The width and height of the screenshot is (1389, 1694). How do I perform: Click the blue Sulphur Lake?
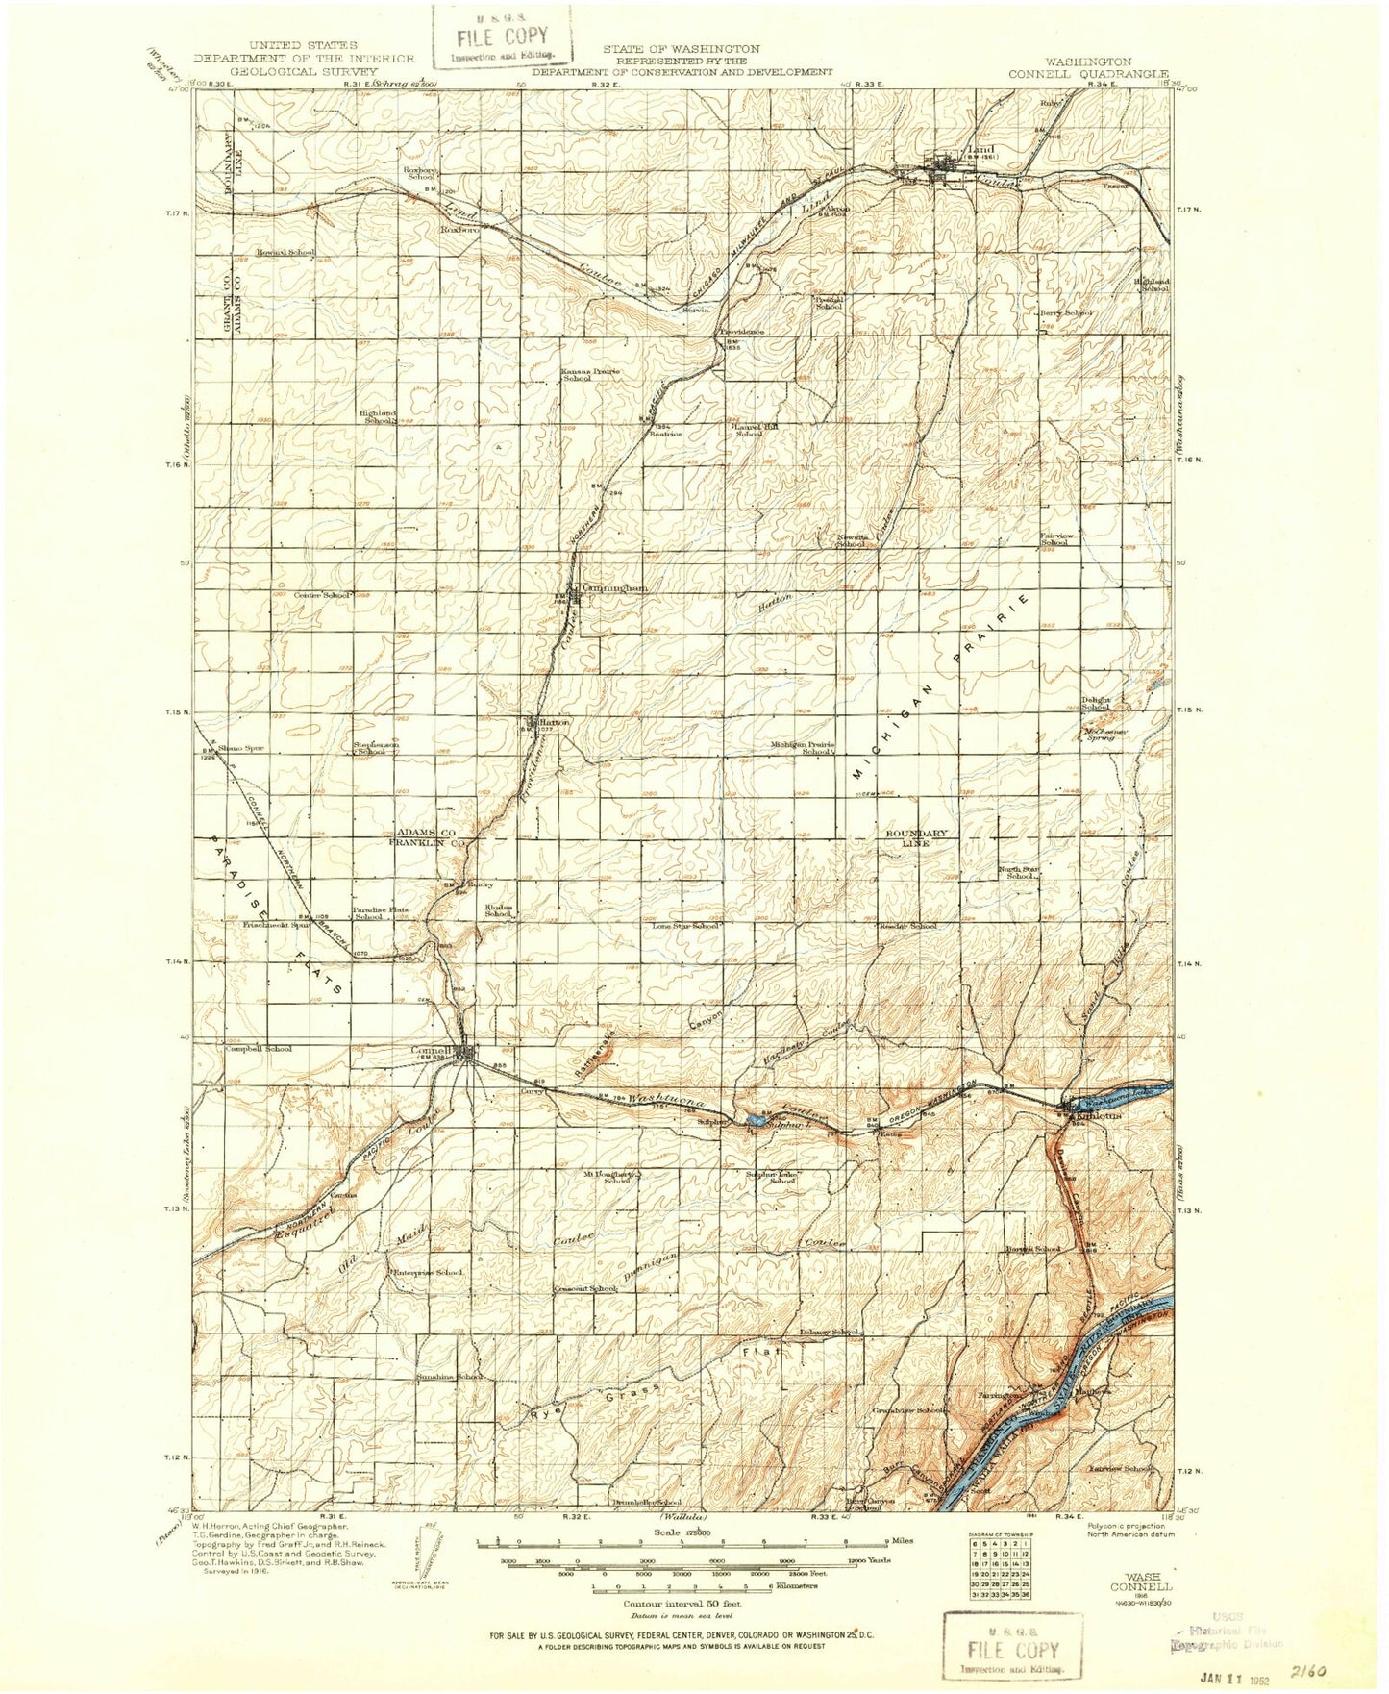[x=754, y=1120]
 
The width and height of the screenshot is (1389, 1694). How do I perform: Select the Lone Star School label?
[x=685, y=926]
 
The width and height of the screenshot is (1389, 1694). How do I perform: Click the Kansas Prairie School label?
[x=590, y=375]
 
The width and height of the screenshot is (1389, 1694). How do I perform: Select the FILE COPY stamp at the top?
[x=503, y=41]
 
